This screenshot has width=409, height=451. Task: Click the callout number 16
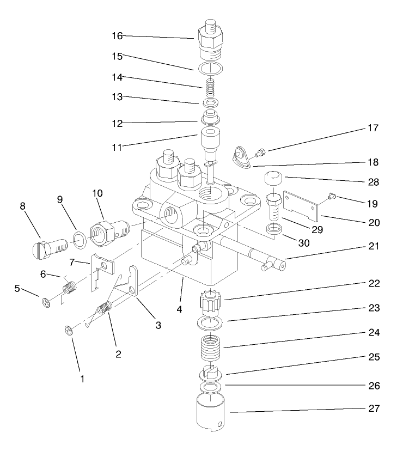[x=117, y=36]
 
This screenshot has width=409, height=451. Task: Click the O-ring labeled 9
[x=78, y=238]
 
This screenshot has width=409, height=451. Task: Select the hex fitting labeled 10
[x=105, y=230]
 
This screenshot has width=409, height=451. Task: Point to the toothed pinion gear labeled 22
[x=210, y=301]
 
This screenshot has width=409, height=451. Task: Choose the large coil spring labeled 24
[x=210, y=348]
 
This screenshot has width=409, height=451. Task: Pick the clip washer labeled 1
[x=69, y=330]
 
